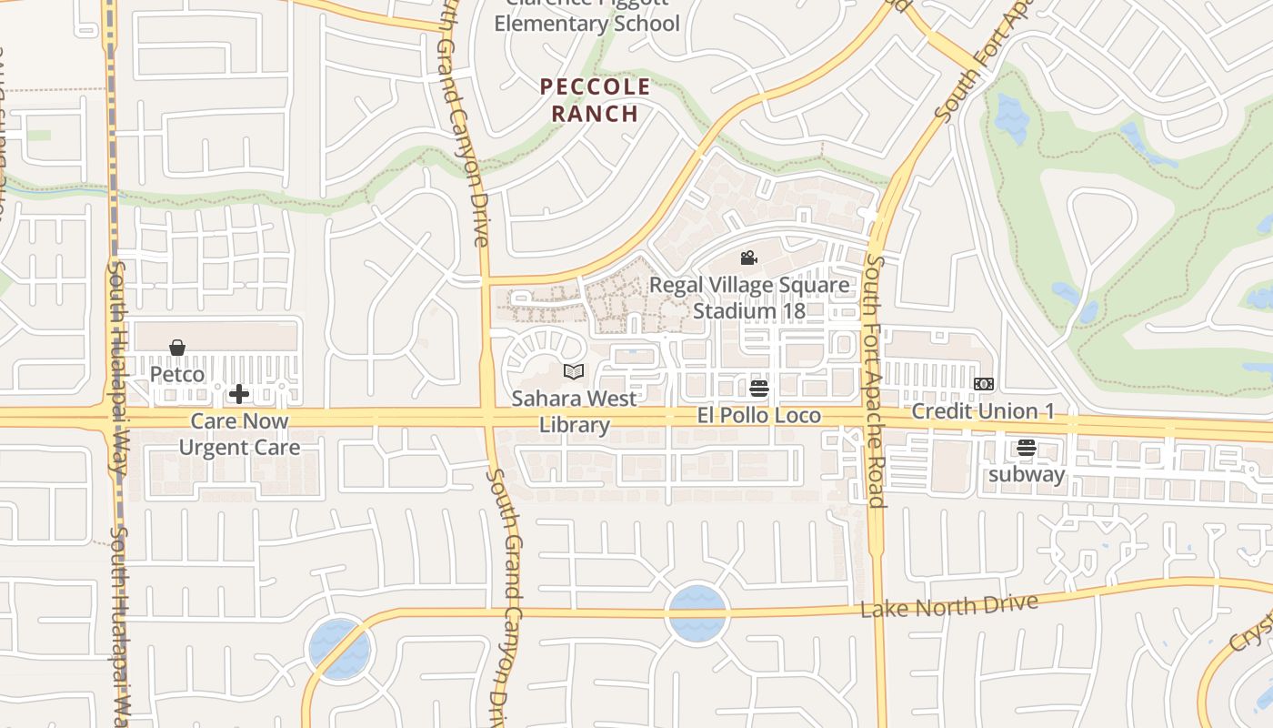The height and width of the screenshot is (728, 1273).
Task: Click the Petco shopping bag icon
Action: click(x=177, y=348)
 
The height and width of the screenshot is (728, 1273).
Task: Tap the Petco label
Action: click(x=177, y=374)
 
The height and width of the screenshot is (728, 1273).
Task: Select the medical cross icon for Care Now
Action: click(x=239, y=394)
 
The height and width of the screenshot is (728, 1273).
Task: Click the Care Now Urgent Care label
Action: click(x=239, y=434)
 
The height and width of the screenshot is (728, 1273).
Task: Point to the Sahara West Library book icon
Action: click(x=573, y=371)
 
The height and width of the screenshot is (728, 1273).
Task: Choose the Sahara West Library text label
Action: click(x=573, y=411)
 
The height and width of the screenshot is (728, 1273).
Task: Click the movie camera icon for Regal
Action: click(x=748, y=258)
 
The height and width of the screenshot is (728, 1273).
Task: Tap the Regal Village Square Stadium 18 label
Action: click(x=749, y=298)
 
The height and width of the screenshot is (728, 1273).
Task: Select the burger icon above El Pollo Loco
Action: click(x=759, y=389)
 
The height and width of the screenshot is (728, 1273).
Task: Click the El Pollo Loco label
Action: click(x=759, y=416)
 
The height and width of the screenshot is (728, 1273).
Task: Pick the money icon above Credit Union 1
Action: click(x=984, y=384)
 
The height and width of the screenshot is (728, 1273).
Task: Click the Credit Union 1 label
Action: click(x=983, y=411)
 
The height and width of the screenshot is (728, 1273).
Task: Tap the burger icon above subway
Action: click(x=1027, y=448)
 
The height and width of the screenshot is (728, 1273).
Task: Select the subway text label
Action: click(x=1027, y=474)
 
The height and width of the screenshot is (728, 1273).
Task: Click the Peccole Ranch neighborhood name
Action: click(x=596, y=100)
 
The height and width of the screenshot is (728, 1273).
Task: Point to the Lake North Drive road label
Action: click(x=948, y=606)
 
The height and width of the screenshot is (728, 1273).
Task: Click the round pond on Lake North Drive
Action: click(x=697, y=613)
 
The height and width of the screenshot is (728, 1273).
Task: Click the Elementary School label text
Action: click(x=586, y=23)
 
